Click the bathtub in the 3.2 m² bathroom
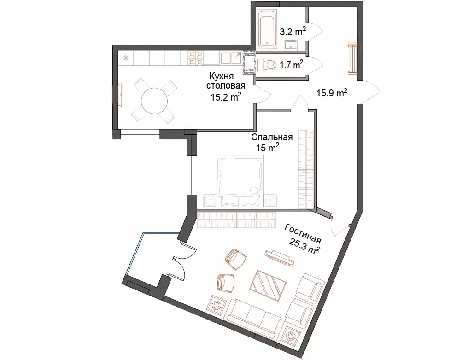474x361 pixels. [x=266, y=28]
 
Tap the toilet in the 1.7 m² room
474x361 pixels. [x=267, y=65]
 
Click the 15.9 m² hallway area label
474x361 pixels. [x=332, y=92]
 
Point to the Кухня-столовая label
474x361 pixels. [x=226, y=80]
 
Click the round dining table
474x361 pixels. [x=154, y=101]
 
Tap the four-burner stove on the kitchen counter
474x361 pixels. [x=196, y=58]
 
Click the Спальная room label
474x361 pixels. [x=272, y=137]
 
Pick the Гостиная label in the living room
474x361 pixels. [x=303, y=233]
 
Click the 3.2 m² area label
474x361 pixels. [x=293, y=31]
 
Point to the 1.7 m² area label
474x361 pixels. [x=292, y=65]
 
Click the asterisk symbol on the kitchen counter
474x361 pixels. [x=125, y=58]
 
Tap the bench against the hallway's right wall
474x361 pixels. [x=352, y=59]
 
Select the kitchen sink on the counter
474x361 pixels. [x=231, y=58]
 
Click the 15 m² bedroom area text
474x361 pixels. [x=268, y=148]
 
